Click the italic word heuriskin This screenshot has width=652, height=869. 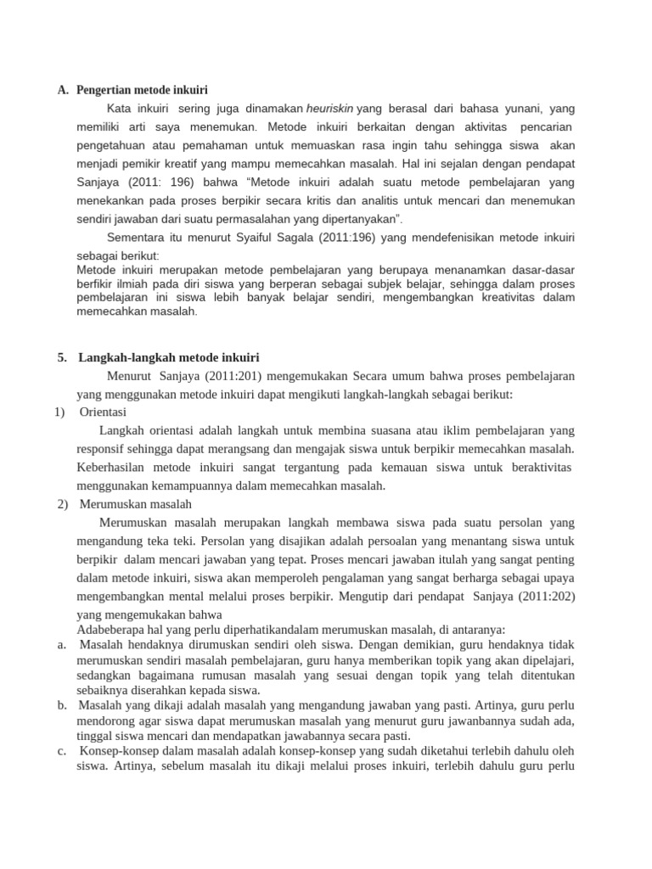330,109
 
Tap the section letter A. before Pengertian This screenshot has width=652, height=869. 63,89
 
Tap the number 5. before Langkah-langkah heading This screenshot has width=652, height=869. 62,357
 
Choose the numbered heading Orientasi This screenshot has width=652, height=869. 103,412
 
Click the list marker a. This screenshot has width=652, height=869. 62,645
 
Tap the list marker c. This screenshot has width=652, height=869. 62,751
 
